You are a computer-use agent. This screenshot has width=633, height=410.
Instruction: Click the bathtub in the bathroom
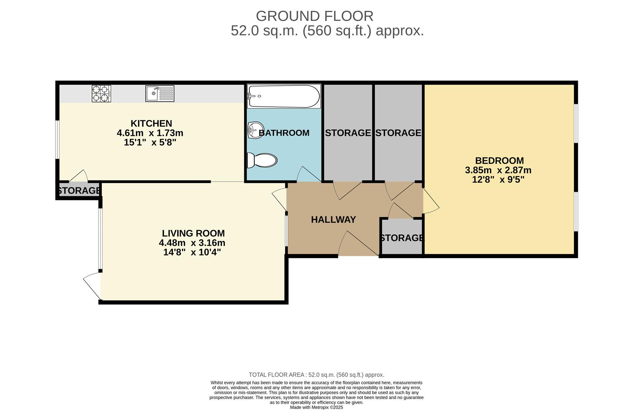click(x=284, y=96)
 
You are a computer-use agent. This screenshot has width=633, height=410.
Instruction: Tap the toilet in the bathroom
click(x=262, y=160)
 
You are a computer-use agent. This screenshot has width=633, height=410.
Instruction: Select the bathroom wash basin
click(x=255, y=130)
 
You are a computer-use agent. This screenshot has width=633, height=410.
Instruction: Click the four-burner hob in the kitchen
click(x=101, y=93)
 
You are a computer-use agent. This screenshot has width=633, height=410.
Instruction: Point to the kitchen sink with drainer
click(x=160, y=93)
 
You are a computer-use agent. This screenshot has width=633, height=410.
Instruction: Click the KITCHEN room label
click(x=151, y=123)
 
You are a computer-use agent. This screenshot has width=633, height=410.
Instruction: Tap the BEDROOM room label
click(x=499, y=161)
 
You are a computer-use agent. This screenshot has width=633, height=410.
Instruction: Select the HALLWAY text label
click(x=333, y=219)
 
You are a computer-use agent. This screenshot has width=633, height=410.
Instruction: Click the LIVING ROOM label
click(x=193, y=233)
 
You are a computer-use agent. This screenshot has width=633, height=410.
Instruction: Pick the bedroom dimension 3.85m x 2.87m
click(x=498, y=170)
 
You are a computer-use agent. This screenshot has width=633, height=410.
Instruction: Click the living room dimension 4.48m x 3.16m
click(x=192, y=243)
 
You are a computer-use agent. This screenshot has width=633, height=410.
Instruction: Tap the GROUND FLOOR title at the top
click(x=314, y=16)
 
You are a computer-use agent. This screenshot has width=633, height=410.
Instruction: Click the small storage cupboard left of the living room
click(x=79, y=191)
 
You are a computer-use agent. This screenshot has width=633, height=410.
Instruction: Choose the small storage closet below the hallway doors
click(x=402, y=238)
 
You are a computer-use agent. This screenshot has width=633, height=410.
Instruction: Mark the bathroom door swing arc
click(x=308, y=174)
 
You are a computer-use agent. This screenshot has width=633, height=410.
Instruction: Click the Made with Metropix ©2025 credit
click(x=316, y=407)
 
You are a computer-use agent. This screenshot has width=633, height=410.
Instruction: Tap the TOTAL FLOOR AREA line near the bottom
click(x=316, y=375)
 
